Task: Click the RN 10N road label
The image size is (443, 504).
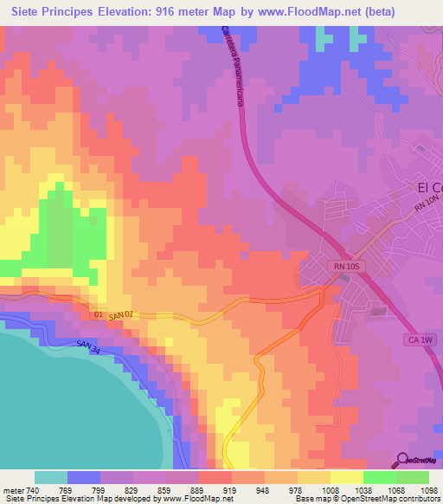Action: click(427, 205)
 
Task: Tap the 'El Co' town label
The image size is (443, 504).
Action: click(429, 187)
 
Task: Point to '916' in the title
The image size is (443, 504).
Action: click(172, 12)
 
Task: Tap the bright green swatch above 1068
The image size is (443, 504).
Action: click(379, 477)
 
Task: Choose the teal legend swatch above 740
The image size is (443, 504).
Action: click(50, 477)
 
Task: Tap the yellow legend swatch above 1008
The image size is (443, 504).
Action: click(313, 477)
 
